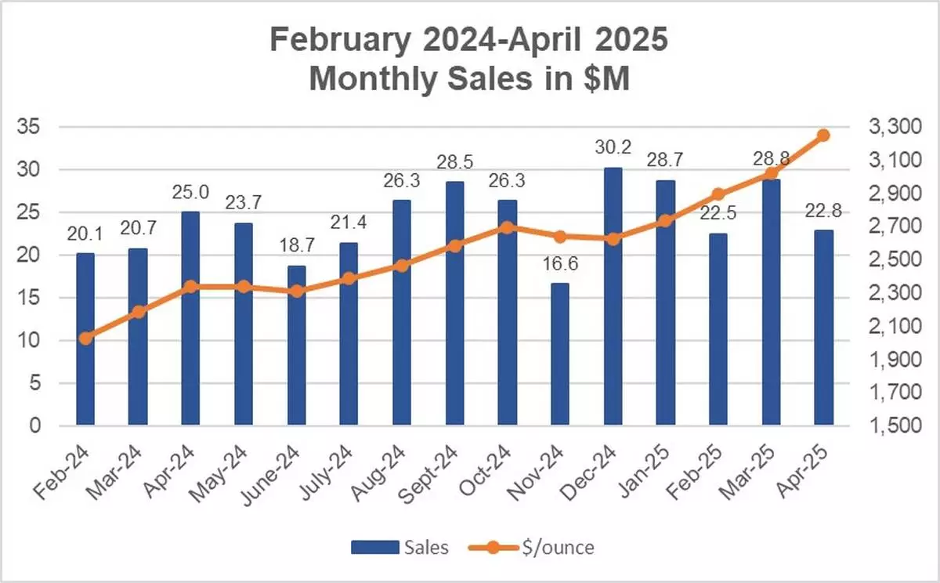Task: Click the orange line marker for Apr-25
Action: tap(823, 136)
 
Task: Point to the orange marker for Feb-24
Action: tap(85, 339)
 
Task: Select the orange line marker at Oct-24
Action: tap(507, 227)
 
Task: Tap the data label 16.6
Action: tap(560, 264)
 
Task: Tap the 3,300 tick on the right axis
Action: tap(893, 127)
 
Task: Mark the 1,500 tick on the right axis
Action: tap(893, 426)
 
